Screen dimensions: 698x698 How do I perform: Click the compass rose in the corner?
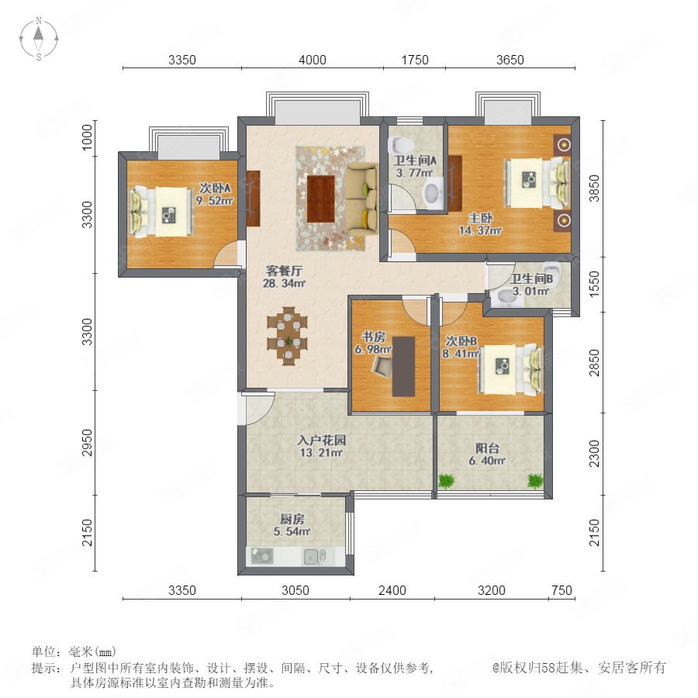pyautogui.click(x=39, y=39)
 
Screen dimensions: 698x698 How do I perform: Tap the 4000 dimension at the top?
pyautogui.click(x=313, y=60)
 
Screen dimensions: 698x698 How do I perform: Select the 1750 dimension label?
pyautogui.click(x=415, y=60)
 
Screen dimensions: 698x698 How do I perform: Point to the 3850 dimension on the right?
pyautogui.click(x=594, y=188)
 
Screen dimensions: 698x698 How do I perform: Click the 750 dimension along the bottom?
pyautogui.click(x=562, y=590)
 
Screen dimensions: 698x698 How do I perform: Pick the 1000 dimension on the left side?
pyautogui.click(x=87, y=137)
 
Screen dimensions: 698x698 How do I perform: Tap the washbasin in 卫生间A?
pyautogui.click(x=432, y=193)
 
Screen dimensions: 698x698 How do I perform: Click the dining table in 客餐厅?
pyautogui.click(x=288, y=336)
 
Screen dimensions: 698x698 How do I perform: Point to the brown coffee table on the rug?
pyautogui.click(x=321, y=199)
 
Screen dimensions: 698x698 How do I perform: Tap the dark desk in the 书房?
pyautogui.click(x=403, y=366)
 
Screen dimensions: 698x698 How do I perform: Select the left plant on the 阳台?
pyautogui.click(x=445, y=481)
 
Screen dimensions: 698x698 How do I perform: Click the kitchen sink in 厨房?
pyautogui.click(x=315, y=556)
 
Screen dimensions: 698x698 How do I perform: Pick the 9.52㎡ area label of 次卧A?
pyautogui.click(x=215, y=201)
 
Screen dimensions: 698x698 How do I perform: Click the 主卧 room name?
pyautogui.click(x=480, y=218)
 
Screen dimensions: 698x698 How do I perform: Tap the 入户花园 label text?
pyautogui.click(x=321, y=441)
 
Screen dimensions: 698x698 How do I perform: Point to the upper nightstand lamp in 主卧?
pyautogui.click(x=565, y=145)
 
